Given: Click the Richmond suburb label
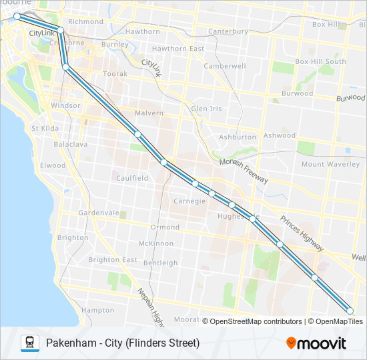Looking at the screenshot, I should (x=85, y=21).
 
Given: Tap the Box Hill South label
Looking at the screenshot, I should (x=320, y=61).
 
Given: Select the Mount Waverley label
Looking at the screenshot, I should (x=330, y=164).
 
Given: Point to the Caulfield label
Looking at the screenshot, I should (x=132, y=178).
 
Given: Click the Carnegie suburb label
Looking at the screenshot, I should (x=190, y=201).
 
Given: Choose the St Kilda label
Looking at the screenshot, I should (x=45, y=128).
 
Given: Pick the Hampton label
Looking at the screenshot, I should (x=97, y=310).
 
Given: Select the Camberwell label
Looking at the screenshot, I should (x=225, y=66).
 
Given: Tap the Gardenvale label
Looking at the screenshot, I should (x=98, y=213).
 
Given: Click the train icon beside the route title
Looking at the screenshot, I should (x=29, y=343).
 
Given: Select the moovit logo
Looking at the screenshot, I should (x=316, y=343).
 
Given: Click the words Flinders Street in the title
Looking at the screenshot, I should (x=167, y=343).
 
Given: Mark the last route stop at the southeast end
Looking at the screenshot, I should (x=350, y=311).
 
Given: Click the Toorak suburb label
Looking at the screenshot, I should (x=115, y=74).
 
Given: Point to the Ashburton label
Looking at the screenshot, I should (x=238, y=137).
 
